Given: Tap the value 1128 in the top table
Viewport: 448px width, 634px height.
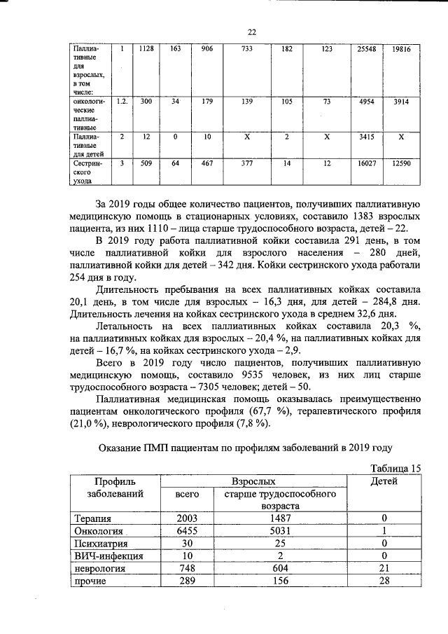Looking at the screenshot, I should pos(146,49).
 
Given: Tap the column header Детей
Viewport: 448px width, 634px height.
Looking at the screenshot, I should pos(384,481).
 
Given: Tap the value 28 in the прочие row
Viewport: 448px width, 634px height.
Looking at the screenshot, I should pos(384,581).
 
